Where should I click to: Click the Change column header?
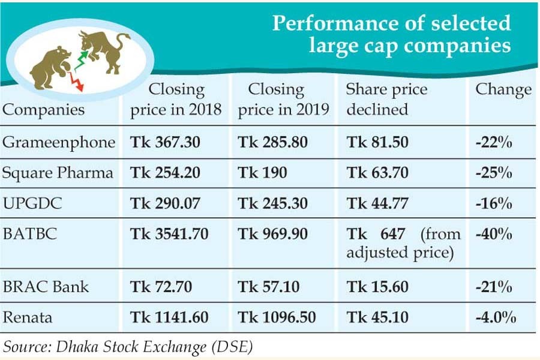(503, 90)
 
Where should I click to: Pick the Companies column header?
(44, 110)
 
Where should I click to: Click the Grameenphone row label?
(59, 143)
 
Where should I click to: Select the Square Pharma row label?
(58, 173)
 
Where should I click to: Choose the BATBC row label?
(30, 234)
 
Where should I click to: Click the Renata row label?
(28, 317)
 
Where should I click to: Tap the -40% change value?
(493, 234)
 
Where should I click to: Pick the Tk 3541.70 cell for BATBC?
(169, 234)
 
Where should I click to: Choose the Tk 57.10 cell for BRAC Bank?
(269, 287)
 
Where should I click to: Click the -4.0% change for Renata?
(496, 317)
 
